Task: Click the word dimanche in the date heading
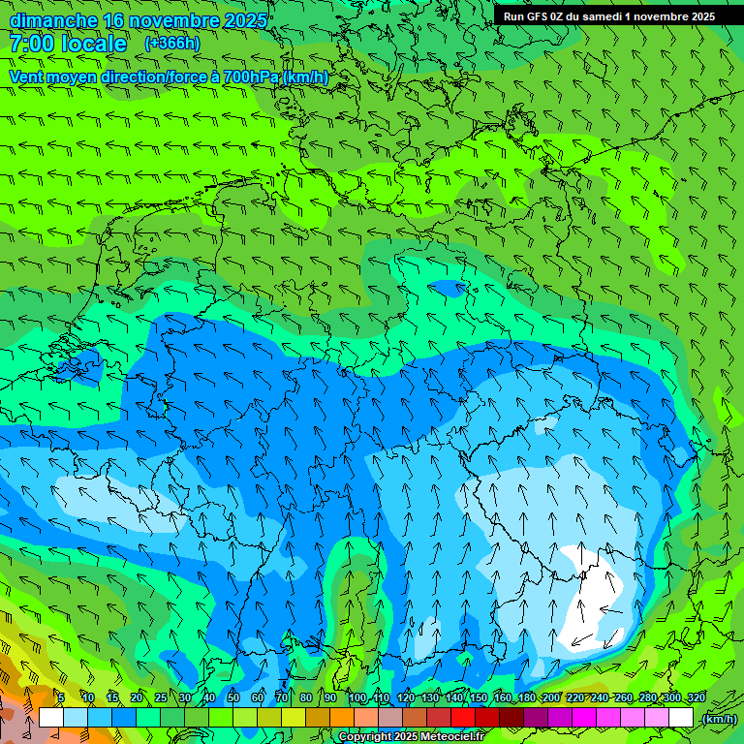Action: (x=53, y=20)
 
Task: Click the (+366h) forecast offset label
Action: (x=171, y=43)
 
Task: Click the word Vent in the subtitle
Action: (x=28, y=77)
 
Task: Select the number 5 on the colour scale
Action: (x=61, y=697)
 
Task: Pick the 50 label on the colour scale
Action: (x=233, y=697)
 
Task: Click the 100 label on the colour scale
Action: (x=357, y=697)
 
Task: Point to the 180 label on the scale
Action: (x=526, y=697)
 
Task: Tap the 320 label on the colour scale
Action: (x=696, y=697)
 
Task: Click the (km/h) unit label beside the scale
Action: (x=719, y=718)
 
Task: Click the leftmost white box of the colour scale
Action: (x=51, y=718)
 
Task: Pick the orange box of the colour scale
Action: (x=341, y=718)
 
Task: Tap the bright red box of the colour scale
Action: (x=463, y=718)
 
